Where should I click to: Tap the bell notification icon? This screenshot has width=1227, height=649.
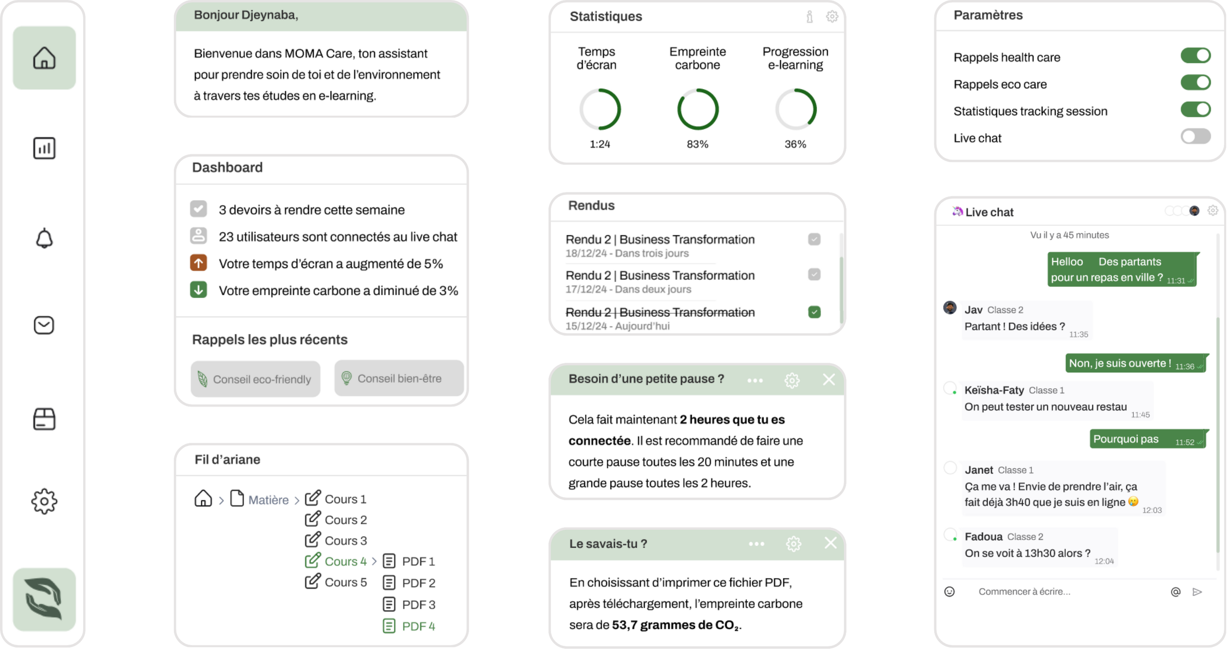pos(44,238)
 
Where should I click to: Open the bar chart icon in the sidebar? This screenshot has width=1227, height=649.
pos(44,148)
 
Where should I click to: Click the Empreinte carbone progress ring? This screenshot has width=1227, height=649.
pos(697,109)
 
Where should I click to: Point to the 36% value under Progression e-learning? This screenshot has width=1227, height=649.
pos(795,144)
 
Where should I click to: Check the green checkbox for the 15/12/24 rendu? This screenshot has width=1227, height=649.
pos(814,312)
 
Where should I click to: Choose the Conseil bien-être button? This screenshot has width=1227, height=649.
pos(399,378)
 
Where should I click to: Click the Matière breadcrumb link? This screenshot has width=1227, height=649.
pos(268,500)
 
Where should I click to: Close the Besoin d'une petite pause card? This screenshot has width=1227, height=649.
pos(828,379)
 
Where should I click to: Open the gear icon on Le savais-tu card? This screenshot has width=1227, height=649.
pos(793,543)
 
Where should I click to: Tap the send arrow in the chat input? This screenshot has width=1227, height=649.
pos(1197,592)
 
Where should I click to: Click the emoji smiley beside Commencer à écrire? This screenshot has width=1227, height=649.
pos(949,592)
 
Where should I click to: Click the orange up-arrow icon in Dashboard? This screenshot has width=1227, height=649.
pos(198,262)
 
